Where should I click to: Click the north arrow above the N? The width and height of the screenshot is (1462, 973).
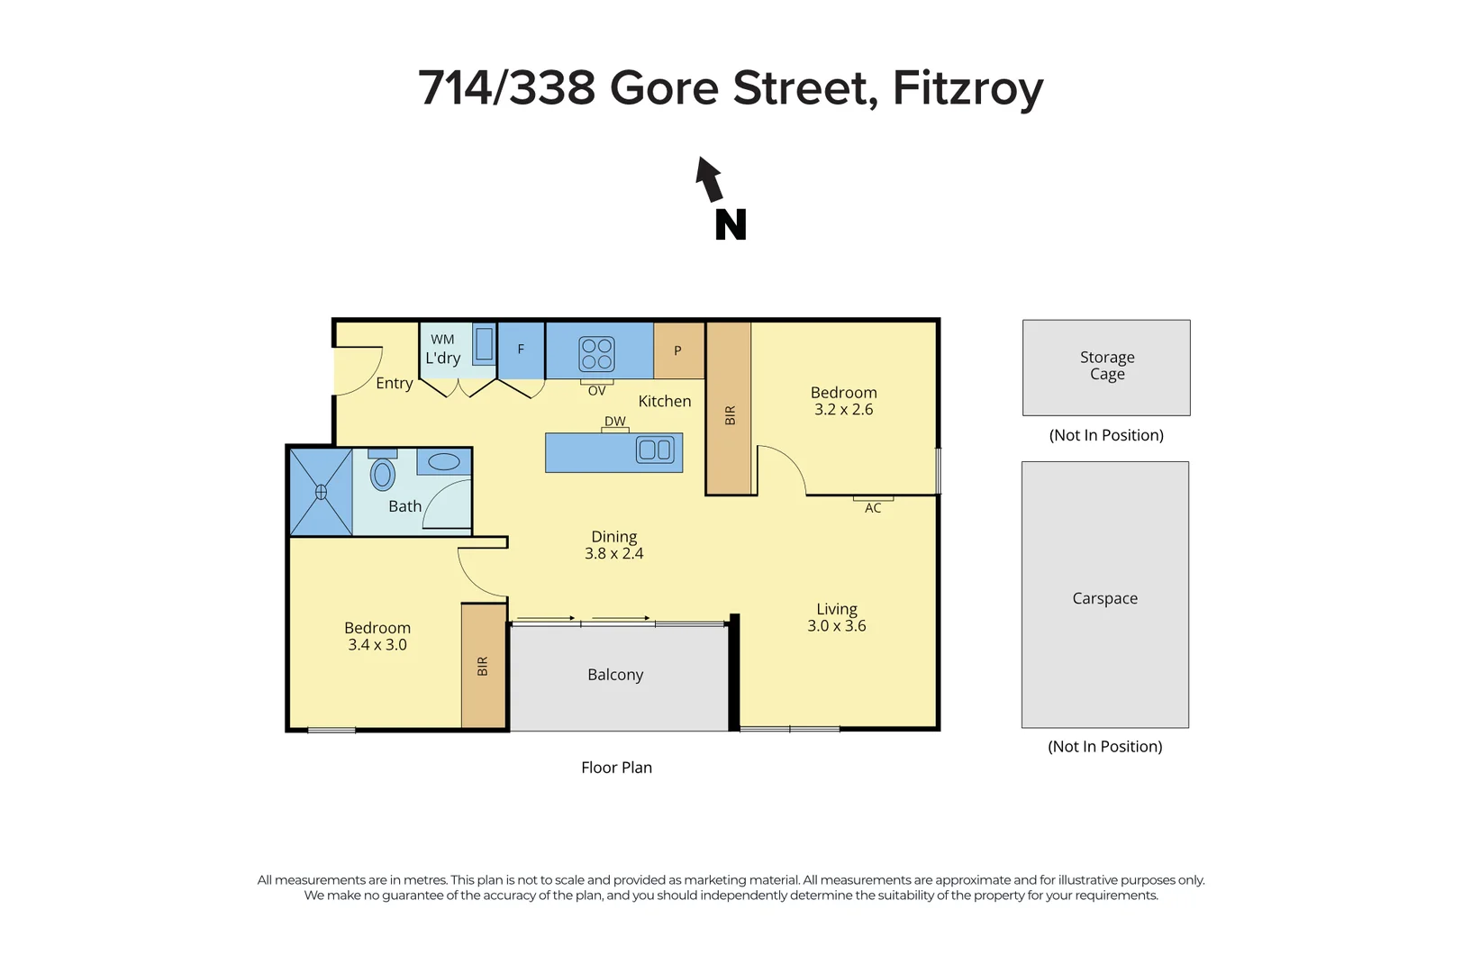pyautogui.click(x=710, y=179)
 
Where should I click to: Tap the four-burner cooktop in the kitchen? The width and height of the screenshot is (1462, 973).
pyautogui.click(x=596, y=353)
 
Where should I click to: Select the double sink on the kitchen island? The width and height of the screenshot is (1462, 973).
pyautogui.click(x=655, y=450)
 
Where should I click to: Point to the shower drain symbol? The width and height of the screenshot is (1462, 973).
pyautogui.click(x=321, y=492)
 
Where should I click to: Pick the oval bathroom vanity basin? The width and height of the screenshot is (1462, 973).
pyautogui.click(x=444, y=462)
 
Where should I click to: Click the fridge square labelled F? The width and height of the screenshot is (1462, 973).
pyautogui.click(x=521, y=350)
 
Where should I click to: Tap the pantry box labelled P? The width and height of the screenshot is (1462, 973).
pyautogui.click(x=678, y=350)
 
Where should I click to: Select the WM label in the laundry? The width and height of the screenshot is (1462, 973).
pyautogui.click(x=442, y=340)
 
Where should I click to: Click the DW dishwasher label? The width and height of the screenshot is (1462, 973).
pyautogui.click(x=614, y=421)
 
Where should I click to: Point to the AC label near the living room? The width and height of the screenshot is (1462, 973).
pyautogui.click(x=873, y=508)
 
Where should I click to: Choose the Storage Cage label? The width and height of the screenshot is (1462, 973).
pyautogui.click(x=1107, y=366)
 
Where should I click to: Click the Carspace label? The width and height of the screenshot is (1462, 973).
pyautogui.click(x=1104, y=598)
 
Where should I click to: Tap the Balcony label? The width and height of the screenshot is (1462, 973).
pyautogui.click(x=615, y=675)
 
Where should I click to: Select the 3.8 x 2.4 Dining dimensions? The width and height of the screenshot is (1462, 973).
pyautogui.click(x=614, y=554)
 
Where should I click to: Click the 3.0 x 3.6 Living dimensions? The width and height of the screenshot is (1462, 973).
pyautogui.click(x=837, y=626)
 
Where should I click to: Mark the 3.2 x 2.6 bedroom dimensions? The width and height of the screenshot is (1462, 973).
pyautogui.click(x=844, y=410)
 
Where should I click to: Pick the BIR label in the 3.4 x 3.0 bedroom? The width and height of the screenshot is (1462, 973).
pyautogui.click(x=483, y=666)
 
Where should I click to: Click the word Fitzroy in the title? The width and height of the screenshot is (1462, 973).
pyautogui.click(x=967, y=88)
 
